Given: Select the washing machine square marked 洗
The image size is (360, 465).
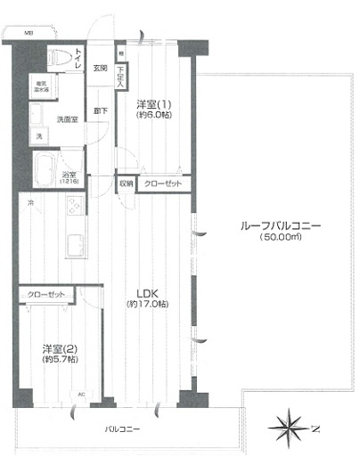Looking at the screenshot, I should coord(38,135).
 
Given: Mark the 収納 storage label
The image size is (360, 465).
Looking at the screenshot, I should coord(126,184).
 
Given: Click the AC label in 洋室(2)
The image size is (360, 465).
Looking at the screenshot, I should coord(82,394).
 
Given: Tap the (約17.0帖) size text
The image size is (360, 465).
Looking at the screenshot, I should coord(148,305).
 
